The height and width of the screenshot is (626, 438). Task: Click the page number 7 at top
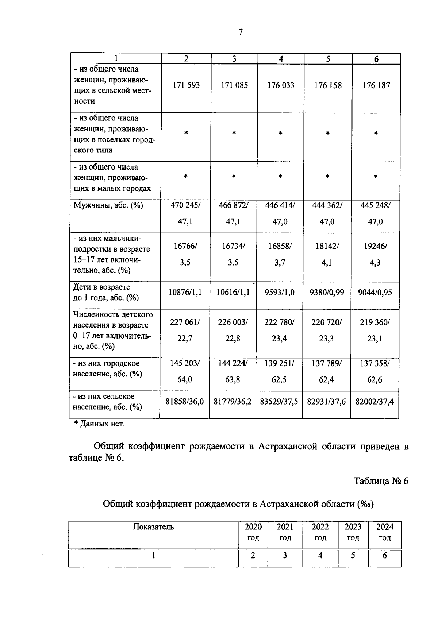click(x=241, y=32)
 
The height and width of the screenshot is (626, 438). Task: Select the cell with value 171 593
click(x=186, y=85)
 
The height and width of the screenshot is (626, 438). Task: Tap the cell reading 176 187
click(x=376, y=85)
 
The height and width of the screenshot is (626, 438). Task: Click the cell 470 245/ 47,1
click(x=185, y=213)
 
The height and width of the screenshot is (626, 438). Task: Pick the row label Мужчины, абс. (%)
click(x=108, y=205)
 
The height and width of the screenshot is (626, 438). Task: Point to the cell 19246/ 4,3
click(x=375, y=254)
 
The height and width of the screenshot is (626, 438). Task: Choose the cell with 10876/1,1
click(x=185, y=293)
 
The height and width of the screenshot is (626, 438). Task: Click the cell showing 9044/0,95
click(x=375, y=293)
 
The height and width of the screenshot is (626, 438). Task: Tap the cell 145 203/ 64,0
click(x=185, y=371)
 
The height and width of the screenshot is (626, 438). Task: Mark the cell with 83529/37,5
click(x=279, y=402)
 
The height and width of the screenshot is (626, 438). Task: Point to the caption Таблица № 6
click(x=381, y=481)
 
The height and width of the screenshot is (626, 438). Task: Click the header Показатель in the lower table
click(x=153, y=527)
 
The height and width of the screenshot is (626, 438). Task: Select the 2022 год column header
click(x=320, y=532)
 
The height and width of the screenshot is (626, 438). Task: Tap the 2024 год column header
click(x=385, y=532)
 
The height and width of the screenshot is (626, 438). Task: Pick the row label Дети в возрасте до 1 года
click(x=106, y=293)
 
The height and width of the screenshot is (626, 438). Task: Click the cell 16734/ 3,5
click(x=233, y=254)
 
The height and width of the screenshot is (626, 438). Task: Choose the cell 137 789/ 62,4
click(x=327, y=371)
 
